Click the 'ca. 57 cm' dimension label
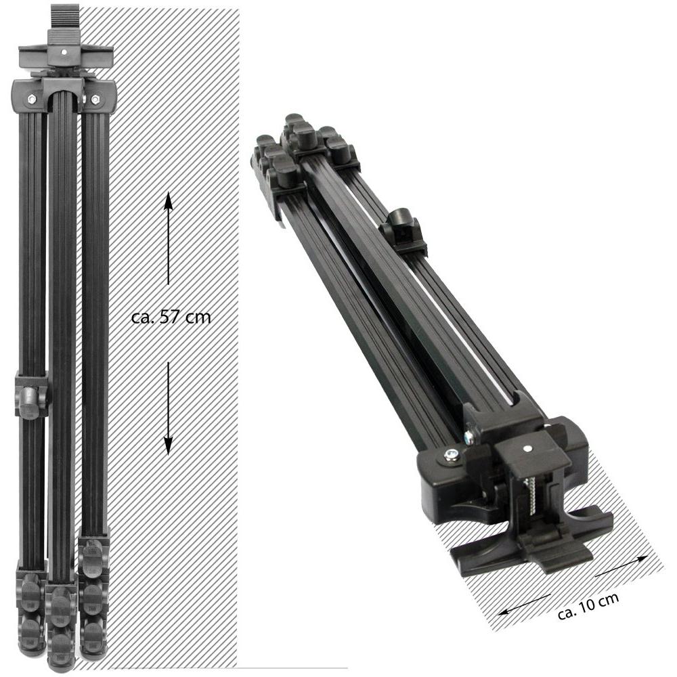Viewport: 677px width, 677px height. click(x=171, y=318)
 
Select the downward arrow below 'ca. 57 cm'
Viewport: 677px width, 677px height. click(x=168, y=408)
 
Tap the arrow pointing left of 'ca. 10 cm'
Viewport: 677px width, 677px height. click(x=523, y=605)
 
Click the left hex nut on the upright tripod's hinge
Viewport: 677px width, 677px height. click(x=32, y=100)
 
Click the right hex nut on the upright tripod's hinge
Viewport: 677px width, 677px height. click(x=95, y=100)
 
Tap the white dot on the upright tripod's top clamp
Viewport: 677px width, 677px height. click(x=64, y=52)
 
